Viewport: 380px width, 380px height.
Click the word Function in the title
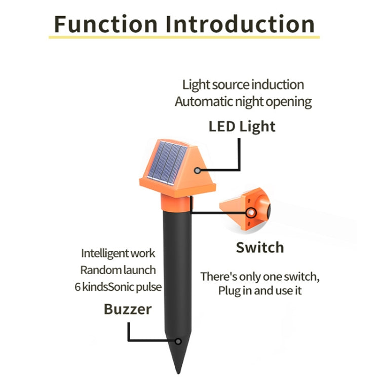click(x=106, y=24)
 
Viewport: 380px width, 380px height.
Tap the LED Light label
click(x=242, y=126)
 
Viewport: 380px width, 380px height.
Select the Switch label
click(x=259, y=248)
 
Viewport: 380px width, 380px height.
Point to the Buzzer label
click(x=128, y=309)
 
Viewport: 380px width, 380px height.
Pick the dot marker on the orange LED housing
click(x=197, y=172)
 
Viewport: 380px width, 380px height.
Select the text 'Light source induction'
click(x=243, y=85)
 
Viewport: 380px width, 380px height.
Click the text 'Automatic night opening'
click(x=243, y=101)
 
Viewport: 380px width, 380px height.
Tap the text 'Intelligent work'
click(x=118, y=253)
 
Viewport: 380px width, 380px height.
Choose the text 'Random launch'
click(x=118, y=270)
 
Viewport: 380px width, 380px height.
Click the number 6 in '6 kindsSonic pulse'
click(x=78, y=287)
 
